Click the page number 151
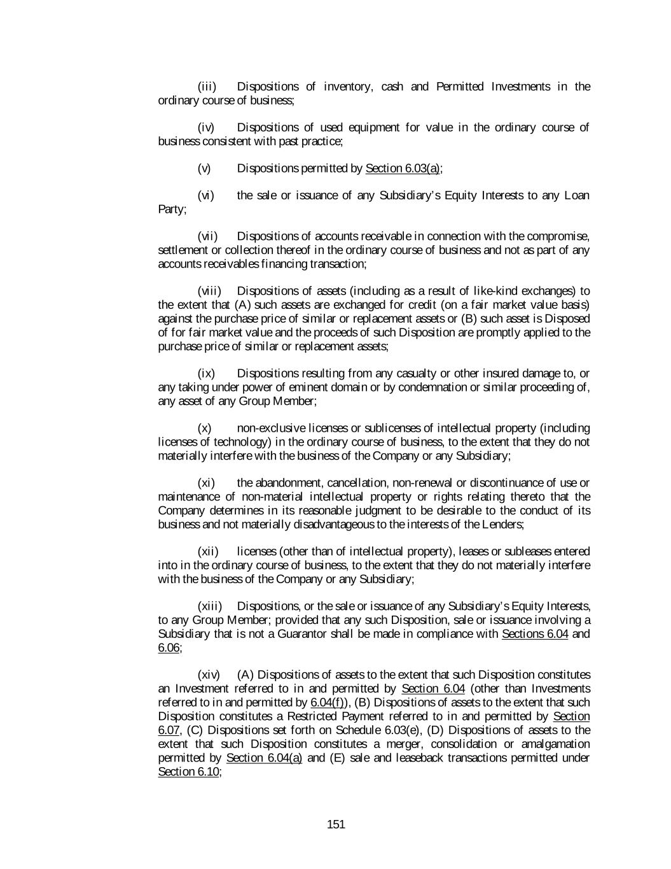pyautogui.click(x=335, y=824)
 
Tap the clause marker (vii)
pyautogui.click(x=209, y=236)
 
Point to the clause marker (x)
pyautogui.click(x=205, y=428)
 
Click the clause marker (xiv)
pyautogui.click(x=209, y=675)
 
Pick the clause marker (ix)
pyautogui.click(x=206, y=373)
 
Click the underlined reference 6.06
pyautogui.click(x=169, y=647)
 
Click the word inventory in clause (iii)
pyautogui.click(x=347, y=87)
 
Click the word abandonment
pyautogui.click(x=289, y=483)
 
